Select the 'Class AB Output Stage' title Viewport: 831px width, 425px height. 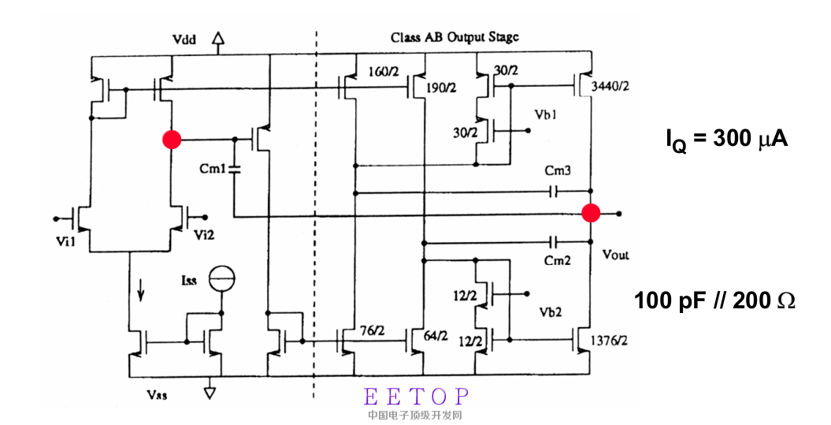[454, 38]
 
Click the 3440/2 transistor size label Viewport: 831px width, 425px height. [610, 88]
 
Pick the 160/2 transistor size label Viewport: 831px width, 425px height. [384, 73]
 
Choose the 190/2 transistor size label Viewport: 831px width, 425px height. [441, 88]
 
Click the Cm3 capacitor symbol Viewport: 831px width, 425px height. [554, 191]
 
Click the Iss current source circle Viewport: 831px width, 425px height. [222, 279]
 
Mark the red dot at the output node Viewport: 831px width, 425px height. [591, 213]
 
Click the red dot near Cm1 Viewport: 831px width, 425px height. [171, 140]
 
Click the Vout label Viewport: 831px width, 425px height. [615, 255]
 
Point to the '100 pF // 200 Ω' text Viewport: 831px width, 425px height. [715, 300]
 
